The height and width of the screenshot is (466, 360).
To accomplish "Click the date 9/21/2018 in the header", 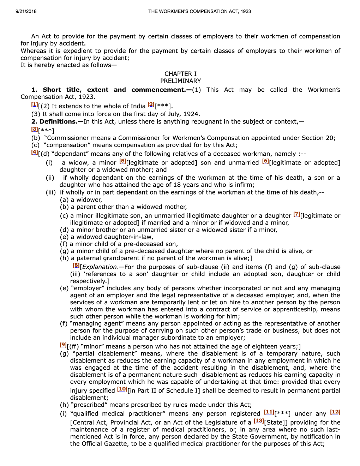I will (x=26, y=11).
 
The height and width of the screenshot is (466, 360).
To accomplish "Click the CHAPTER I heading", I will (x=180, y=74).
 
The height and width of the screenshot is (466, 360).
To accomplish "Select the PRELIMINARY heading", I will (x=180, y=81).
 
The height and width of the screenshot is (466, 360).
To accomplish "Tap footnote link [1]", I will (x=35, y=104).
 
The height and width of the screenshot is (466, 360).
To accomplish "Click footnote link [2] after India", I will (x=151, y=104).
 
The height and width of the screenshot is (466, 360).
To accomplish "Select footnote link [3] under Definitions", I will (x=35, y=130).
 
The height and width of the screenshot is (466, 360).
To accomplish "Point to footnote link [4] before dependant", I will (x=35, y=153).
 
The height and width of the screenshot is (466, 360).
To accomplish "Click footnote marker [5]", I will (x=123, y=161).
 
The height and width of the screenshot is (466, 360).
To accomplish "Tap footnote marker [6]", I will (x=265, y=161).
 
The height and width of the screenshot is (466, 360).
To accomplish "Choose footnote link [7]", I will (x=297, y=214).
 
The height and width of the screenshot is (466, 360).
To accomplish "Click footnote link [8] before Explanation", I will (x=76, y=265).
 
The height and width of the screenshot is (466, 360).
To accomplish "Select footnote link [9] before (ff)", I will (x=63, y=345).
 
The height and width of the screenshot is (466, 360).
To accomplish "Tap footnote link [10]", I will (x=122, y=389).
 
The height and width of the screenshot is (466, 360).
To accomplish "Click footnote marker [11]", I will (x=269, y=412).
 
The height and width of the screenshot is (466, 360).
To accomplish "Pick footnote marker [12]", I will (x=335, y=412).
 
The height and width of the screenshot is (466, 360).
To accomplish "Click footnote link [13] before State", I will (x=259, y=421).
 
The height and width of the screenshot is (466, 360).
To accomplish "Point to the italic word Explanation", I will (x=99, y=267).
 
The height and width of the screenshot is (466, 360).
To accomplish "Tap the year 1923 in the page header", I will (x=246, y=11).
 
